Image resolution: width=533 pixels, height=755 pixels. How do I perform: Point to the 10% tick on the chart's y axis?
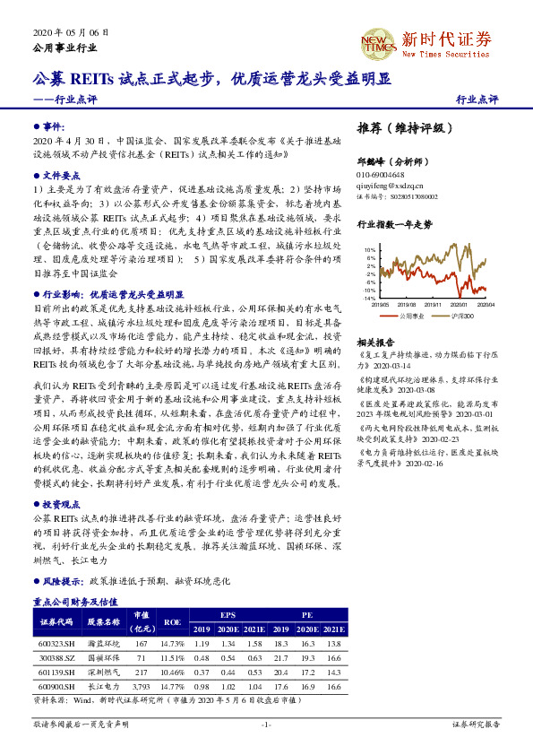click(369, 250)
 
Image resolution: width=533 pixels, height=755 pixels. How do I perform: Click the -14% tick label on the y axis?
click(368, 299)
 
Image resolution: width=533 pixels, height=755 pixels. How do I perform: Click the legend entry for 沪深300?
click(466, 316)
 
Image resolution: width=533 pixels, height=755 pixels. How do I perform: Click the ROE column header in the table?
click(171, 620)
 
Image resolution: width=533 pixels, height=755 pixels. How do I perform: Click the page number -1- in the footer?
click(265, 724)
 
